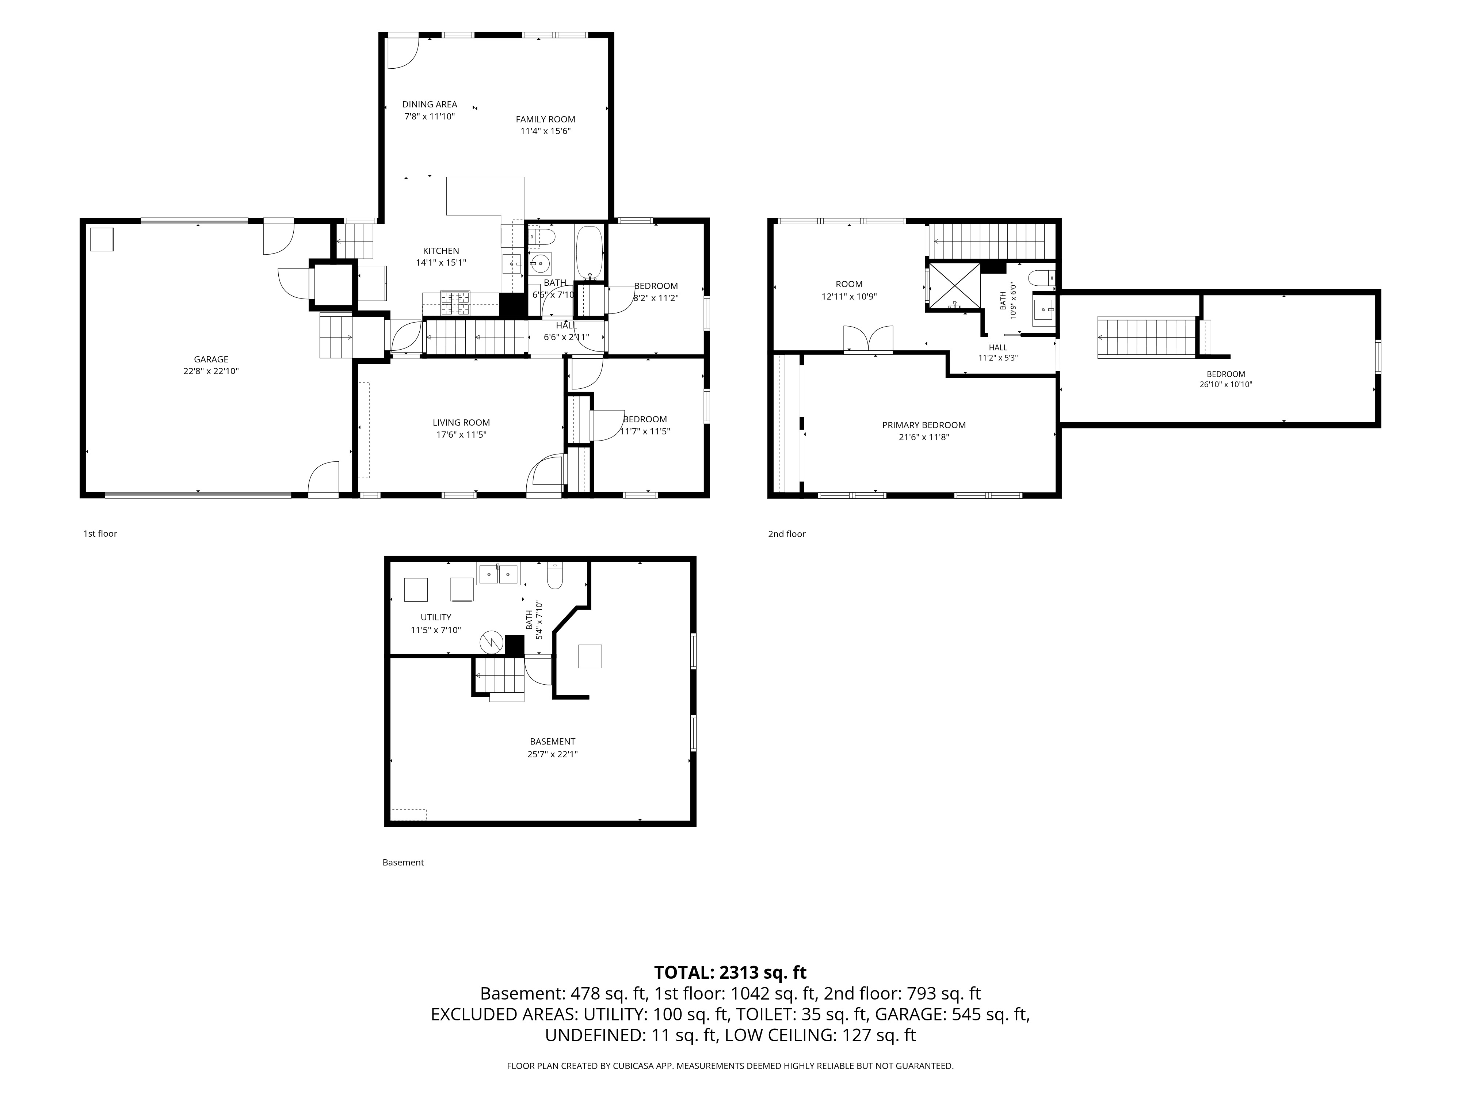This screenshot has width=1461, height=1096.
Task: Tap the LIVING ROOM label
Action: [x=461, y=423]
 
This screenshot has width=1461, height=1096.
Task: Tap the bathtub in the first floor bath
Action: [x=588, y=252]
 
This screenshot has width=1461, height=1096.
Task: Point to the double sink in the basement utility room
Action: [x=498, y=574]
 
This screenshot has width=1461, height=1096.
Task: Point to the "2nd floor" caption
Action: [x=787, y=534]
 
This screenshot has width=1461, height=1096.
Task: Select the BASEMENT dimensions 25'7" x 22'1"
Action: [x=552, y=754]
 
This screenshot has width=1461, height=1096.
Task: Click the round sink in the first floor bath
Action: [x=540, y=263]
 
